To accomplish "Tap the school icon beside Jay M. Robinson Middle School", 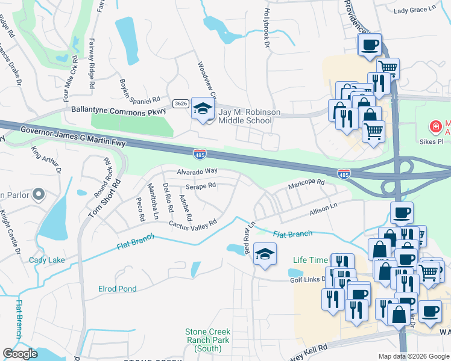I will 203,110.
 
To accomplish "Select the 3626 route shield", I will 180,103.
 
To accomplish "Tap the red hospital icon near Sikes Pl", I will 434,127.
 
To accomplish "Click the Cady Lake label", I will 47,260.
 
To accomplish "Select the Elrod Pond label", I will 117,289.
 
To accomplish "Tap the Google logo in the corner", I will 20,354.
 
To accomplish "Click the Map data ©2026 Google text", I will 413,356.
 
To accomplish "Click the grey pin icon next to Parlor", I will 39,194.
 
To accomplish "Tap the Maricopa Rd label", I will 306,182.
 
